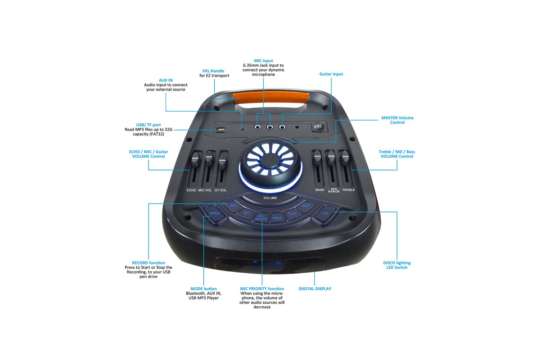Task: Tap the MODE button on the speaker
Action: [x=215, y=213]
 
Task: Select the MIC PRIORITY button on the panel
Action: [x=261, y=218]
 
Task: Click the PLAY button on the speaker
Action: [x=292, y=213]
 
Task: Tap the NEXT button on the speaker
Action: [x=306, y=206]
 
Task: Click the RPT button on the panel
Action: [x=247, y=213]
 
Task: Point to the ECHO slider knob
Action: [x=195, y=159]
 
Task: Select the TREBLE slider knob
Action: [x=346, y=156]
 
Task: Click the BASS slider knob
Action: [x=318, y=156]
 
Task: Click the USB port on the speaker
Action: [x=220, y=130]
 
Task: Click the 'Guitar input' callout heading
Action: [x=331, y=74]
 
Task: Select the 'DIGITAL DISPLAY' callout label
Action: [x=315, y=288]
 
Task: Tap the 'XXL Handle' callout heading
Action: [x=213, y=71]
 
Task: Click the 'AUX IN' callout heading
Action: [x=166, y=80]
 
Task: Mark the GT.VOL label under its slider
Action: [x=220, y=190]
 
